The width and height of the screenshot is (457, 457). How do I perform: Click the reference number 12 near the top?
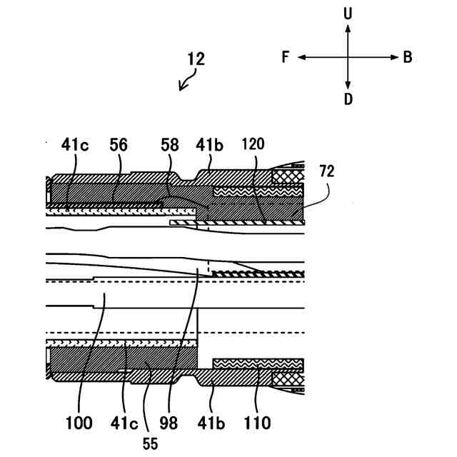coord(196,59)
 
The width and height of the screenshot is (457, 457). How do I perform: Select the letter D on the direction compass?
coord(348,99)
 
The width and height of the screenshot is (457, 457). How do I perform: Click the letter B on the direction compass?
coord(408,58)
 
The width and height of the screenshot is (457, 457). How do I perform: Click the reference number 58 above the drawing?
coord(169,144)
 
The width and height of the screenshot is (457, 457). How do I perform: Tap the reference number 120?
coord(253,143)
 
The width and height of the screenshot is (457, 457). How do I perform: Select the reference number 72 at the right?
coord(327,172)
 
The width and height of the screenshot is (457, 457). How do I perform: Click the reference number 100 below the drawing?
coord(79,423)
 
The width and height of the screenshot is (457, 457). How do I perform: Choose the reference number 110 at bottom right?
coord(257,423)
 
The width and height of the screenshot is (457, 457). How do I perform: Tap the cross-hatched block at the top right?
coord(288,176)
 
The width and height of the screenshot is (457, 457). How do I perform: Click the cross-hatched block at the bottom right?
coord(288,376)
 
